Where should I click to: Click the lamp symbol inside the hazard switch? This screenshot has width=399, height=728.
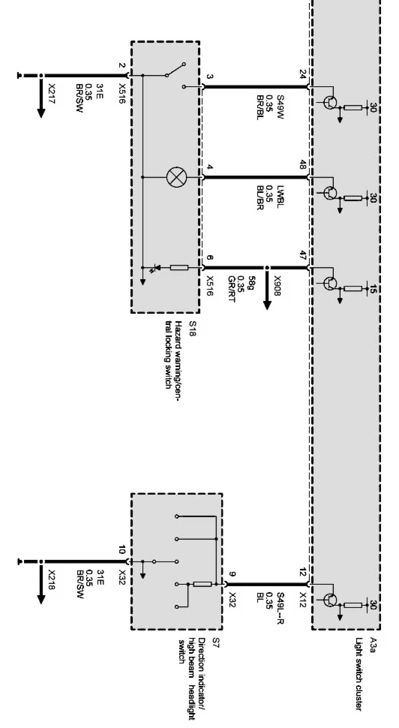[x=176, y=177]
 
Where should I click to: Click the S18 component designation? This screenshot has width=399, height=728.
[x=193, y=328]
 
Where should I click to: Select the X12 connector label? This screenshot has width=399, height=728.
[x=303, y=598]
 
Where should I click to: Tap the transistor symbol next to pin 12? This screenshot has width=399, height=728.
[x=331, y=599]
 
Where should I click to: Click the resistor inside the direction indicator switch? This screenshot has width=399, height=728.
[x=202, y=584]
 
